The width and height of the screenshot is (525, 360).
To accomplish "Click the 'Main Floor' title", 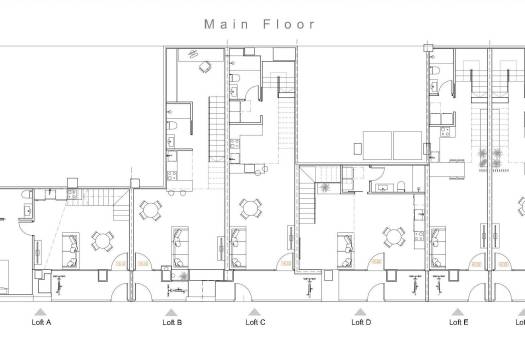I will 259,23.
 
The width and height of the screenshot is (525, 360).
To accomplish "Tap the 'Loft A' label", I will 42,323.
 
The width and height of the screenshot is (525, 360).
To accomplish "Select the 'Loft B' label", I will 172,323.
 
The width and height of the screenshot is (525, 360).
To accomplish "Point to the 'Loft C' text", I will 255,323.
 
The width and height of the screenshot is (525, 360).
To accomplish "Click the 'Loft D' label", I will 361,323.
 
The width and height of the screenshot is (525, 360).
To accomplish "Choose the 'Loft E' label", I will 458,323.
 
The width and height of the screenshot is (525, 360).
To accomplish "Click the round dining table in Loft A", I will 101,240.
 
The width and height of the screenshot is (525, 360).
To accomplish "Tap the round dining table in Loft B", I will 151,210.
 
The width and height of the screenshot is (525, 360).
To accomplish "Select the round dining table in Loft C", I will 249,209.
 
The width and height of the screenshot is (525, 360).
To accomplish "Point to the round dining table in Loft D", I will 394,236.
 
